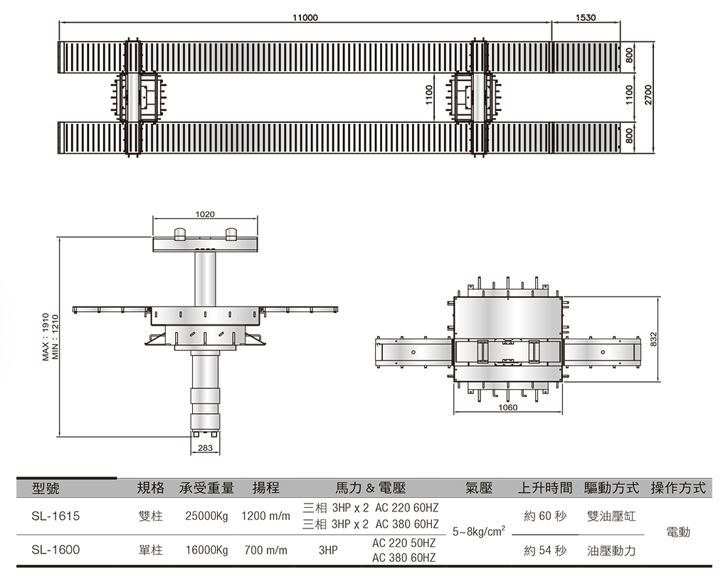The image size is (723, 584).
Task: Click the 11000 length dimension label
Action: click(305, 17)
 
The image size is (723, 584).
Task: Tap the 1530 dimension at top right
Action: click(586, 17)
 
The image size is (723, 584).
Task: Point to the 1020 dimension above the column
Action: click(205, 213)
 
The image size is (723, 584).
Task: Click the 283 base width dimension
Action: click(205, 447)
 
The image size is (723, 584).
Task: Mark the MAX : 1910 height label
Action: click(46, 336)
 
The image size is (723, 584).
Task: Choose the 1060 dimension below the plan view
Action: click(507, 408)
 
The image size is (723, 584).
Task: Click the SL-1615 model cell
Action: click(56, 516)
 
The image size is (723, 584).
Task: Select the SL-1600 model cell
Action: click(56, 550)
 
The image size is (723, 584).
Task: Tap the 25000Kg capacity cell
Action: click(206, 516)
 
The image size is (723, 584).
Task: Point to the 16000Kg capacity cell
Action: click(206, 550)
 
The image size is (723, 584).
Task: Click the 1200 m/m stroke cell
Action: click(265, 516)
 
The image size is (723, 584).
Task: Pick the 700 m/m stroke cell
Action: click(265, 550)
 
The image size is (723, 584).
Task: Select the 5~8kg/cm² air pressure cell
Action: click(479, 531)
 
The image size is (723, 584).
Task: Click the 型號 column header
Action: click(46, 489)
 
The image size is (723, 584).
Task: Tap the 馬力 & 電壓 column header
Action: click(370, 489)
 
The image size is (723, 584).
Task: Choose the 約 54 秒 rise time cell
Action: click(545, 550)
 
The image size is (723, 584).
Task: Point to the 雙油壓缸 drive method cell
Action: click(611, 516)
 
